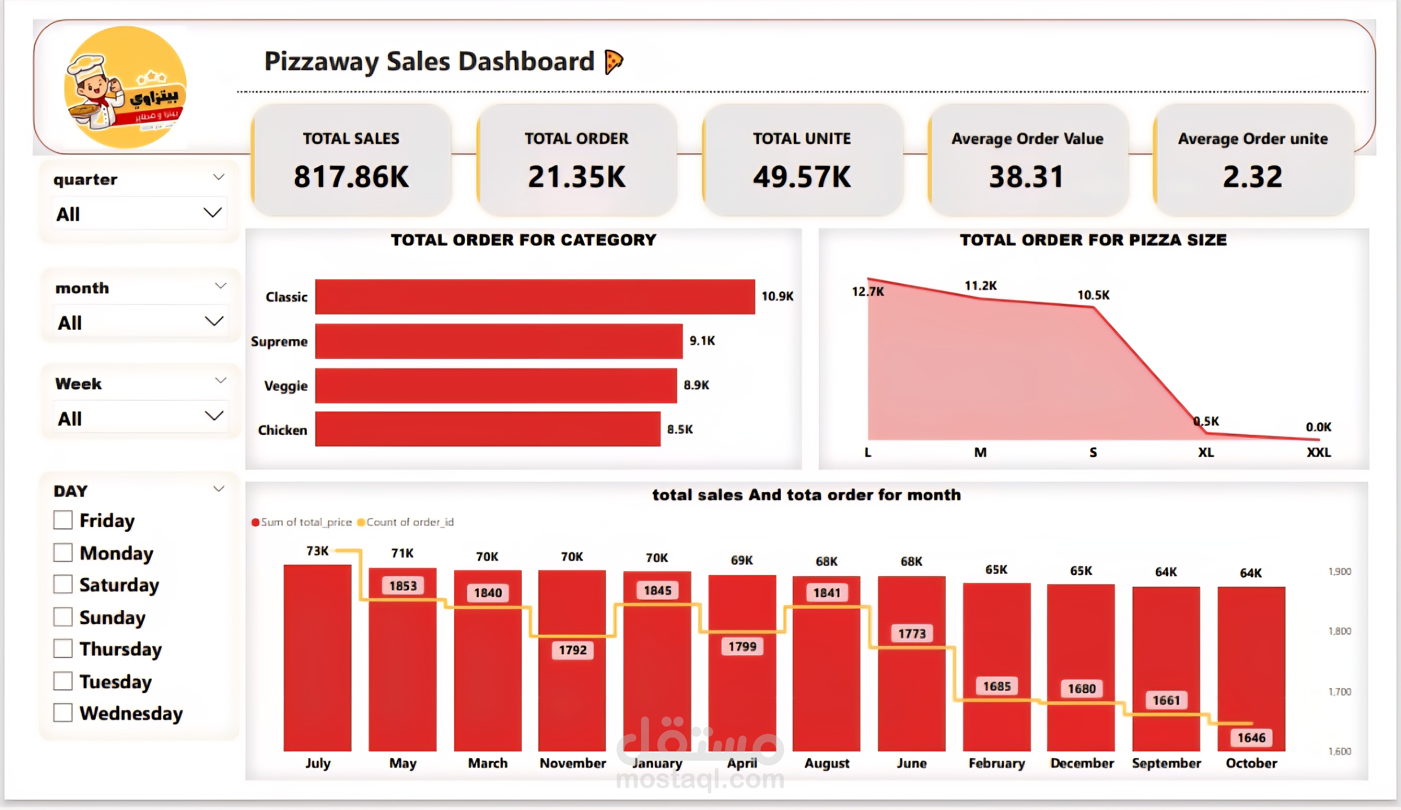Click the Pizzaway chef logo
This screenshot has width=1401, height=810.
coord(126,87)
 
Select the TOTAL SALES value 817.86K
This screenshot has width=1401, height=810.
coord(351,177)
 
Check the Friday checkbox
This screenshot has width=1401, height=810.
coord(63,520)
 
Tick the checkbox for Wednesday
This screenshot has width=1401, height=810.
coord(63,713)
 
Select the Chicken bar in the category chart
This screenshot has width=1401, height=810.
coord(487,429)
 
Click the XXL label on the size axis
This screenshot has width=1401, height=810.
coord(1318,452)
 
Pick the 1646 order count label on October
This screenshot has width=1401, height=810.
coord(1251,738)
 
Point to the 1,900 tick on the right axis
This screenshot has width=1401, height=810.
coord(1339,571)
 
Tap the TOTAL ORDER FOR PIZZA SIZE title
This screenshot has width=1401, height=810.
coord(1093,240)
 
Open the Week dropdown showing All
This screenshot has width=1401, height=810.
coord(140,418)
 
